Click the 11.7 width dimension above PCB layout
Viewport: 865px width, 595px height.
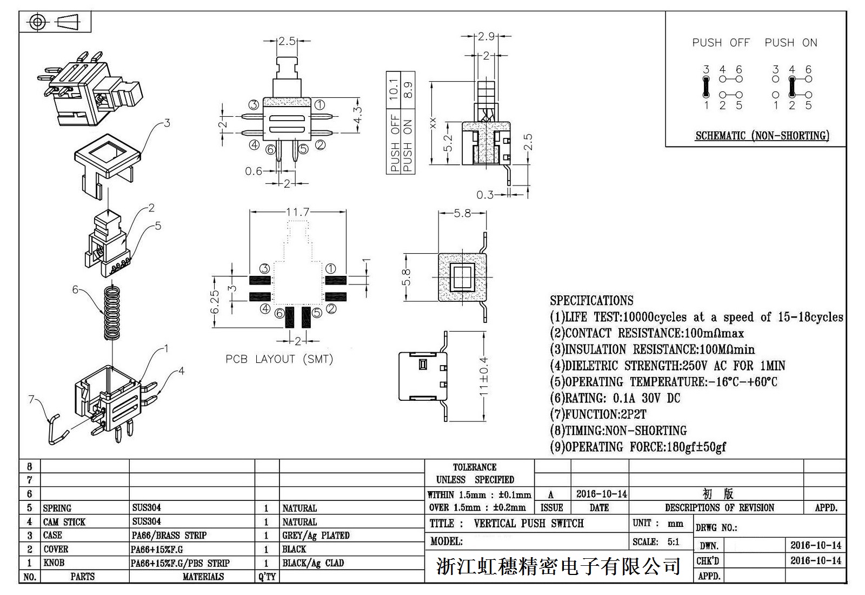[x=297, y=211]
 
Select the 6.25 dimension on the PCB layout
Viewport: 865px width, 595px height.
[x=215, y=302]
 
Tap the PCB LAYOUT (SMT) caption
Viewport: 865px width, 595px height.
[x=279, y=359]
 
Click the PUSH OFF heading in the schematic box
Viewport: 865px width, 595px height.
[x=721, y=43]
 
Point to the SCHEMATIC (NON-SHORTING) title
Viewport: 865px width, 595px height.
[x=762, y=135]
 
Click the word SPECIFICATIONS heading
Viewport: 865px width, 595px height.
[x=591, y=300]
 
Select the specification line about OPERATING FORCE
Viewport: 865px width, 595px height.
[x=638, y=447]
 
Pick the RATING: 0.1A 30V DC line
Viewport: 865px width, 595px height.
[x=615, y=398]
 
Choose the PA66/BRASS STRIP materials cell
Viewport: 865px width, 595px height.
[x=169, y=535]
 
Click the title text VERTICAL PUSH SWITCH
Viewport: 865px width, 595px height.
[x=528, y=524]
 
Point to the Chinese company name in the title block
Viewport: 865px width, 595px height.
[x=558, y=566]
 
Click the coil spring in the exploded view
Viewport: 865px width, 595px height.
[x=112, y=312]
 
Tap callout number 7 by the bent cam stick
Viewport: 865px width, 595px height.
[x=31, y=399]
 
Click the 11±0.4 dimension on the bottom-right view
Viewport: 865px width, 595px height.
[x=484, y=376]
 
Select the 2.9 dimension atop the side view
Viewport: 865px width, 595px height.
[x=486, y=36]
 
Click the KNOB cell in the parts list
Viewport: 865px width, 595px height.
[x=54, y=563]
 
